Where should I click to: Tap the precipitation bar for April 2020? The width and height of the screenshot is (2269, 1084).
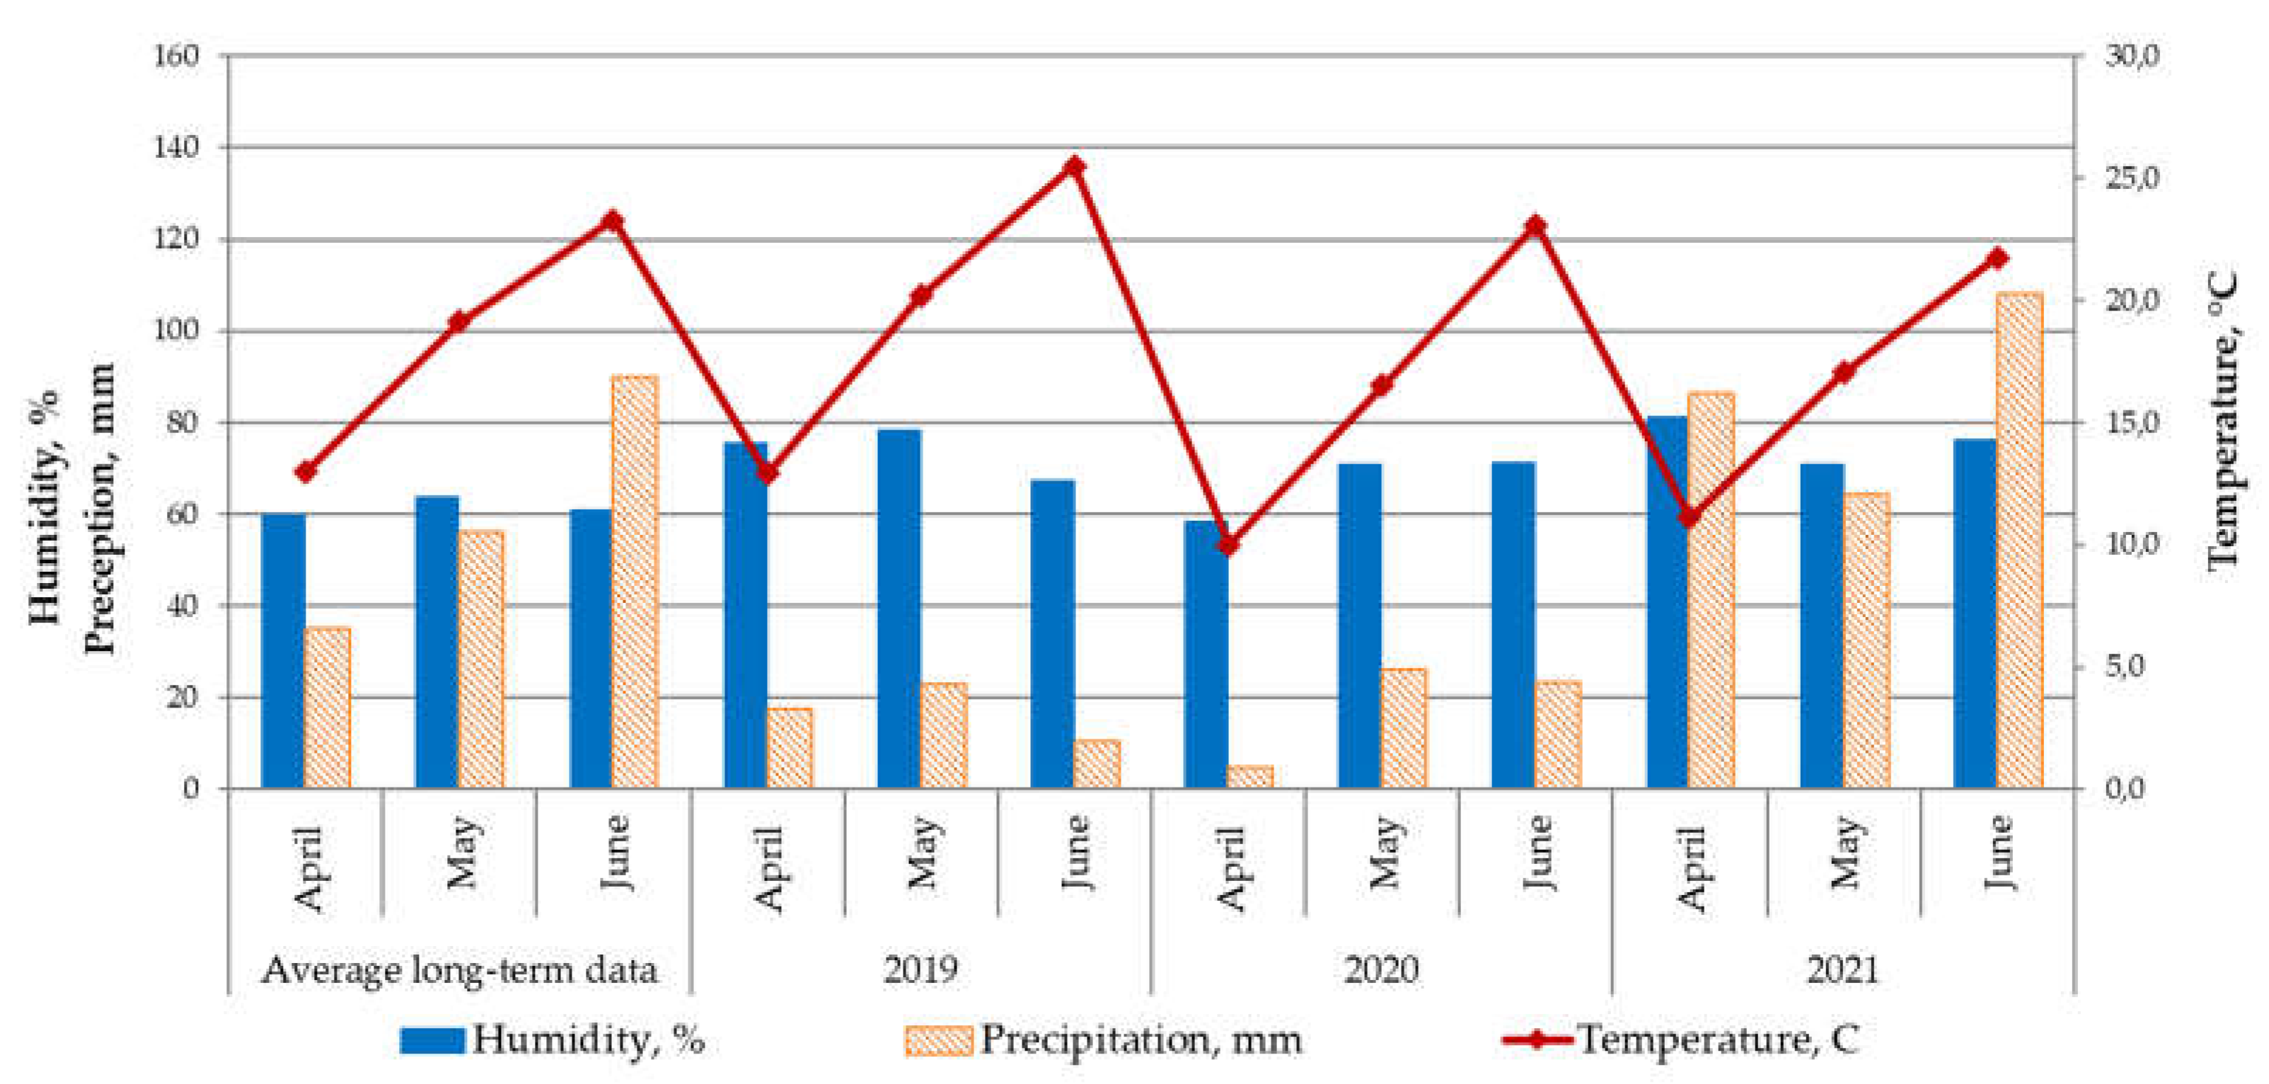point(1250,777)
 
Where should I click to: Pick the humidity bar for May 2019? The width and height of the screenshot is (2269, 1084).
point(899,608)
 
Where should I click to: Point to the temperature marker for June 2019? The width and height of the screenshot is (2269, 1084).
point(1074,166)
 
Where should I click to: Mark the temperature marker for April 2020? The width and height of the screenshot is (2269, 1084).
point(1229,545)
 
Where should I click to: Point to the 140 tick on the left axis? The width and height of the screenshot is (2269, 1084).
point(176,147)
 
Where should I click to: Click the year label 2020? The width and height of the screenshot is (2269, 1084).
point(1381,970)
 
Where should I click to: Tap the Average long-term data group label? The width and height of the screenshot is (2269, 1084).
point(460,970)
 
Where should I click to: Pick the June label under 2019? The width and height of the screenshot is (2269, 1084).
point(1074,853)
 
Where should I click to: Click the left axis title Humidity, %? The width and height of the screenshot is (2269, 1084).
point(46,507)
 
